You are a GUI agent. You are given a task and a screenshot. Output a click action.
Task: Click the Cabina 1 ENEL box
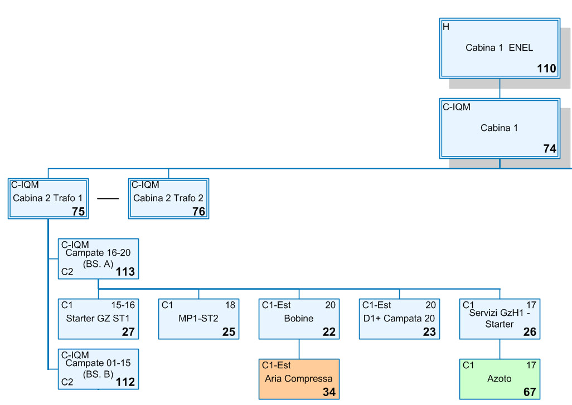coord(500,48)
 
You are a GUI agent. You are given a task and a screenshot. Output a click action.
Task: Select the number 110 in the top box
coord(546,69)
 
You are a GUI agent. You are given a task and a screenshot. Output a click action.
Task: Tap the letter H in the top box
coord(445,27)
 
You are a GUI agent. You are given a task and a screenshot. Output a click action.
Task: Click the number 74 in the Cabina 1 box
coord(549,149)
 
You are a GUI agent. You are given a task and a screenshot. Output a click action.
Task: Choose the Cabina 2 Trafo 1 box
coord(49,198)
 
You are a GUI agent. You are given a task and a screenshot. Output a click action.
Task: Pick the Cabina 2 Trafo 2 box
coord(168,198)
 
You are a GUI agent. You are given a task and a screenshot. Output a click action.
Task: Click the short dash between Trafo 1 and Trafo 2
coord(108,198)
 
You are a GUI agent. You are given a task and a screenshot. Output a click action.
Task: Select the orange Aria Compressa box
coord(299,379)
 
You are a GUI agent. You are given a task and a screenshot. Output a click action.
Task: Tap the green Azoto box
coord(500,379)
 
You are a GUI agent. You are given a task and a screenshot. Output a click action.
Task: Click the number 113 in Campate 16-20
coord(125,272)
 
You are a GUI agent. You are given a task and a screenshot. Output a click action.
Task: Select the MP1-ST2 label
coord(198,319)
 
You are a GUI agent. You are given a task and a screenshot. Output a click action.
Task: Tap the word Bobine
coord(299,319)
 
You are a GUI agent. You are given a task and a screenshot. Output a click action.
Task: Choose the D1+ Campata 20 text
coord(399,319)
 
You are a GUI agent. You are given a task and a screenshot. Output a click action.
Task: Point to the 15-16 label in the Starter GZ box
coord(123,305)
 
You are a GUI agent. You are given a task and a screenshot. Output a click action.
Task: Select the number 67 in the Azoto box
coord(529,392)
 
